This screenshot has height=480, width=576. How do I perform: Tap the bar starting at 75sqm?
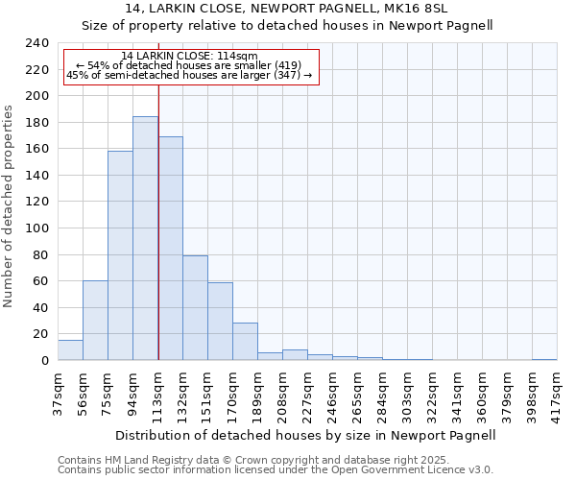(x=120, y=255)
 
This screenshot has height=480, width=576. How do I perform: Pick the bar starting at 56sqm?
(x=95, y=321)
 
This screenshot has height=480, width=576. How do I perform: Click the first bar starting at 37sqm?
(x=70, y=350)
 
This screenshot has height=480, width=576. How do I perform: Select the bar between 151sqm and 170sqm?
(x=220, y=322)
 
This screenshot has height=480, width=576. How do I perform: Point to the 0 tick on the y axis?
(x=44, y=361)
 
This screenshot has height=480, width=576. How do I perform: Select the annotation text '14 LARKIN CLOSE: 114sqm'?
(x=189, y=56)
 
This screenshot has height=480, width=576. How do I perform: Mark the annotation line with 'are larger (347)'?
(x=189, y=75)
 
